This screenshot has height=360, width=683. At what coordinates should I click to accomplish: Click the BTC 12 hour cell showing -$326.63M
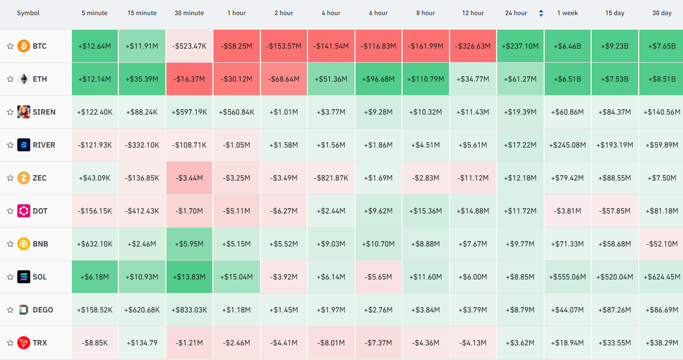[x=473, y=46]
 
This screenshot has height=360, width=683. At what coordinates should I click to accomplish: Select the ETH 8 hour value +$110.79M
[x=426, y=79]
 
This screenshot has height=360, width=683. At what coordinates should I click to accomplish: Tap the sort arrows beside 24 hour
[x=541, y=13]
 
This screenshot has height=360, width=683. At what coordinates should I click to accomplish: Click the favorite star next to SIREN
[x=10, y=112]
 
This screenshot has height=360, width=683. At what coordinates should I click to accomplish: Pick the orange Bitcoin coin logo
[x=23, y=46]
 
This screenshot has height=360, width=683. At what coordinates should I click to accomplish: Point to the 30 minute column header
[x=189, y=13]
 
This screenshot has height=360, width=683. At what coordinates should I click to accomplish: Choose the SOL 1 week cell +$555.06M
[x=567, y=277]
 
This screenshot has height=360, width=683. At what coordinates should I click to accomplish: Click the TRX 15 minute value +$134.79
[x=142, y=343]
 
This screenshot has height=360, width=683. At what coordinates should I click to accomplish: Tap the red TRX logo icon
[x=23, y=343]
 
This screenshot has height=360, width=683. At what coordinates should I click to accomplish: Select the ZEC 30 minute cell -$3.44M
[x=189, y=178]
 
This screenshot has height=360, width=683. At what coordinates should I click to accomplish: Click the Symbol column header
[x=28, y=13]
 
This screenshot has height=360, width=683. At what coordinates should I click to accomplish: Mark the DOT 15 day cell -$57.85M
[x=615, y=211]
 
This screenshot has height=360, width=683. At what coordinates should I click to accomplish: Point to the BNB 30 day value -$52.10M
[x=662, y=244]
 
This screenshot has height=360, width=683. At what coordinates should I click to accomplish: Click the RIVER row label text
[x=44, y=145]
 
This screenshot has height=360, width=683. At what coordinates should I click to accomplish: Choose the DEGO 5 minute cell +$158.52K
[x=95, y=310]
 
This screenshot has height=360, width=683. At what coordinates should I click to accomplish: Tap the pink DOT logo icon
[x=23, y=211]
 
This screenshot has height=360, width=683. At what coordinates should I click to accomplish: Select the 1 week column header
[x=567, y=13]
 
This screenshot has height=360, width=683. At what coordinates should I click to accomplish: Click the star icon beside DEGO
[x=10, y=310]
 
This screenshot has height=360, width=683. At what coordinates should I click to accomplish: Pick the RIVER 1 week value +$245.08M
[x=567, y=145]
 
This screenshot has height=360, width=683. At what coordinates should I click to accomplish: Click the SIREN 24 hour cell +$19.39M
[x=520, y=112]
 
